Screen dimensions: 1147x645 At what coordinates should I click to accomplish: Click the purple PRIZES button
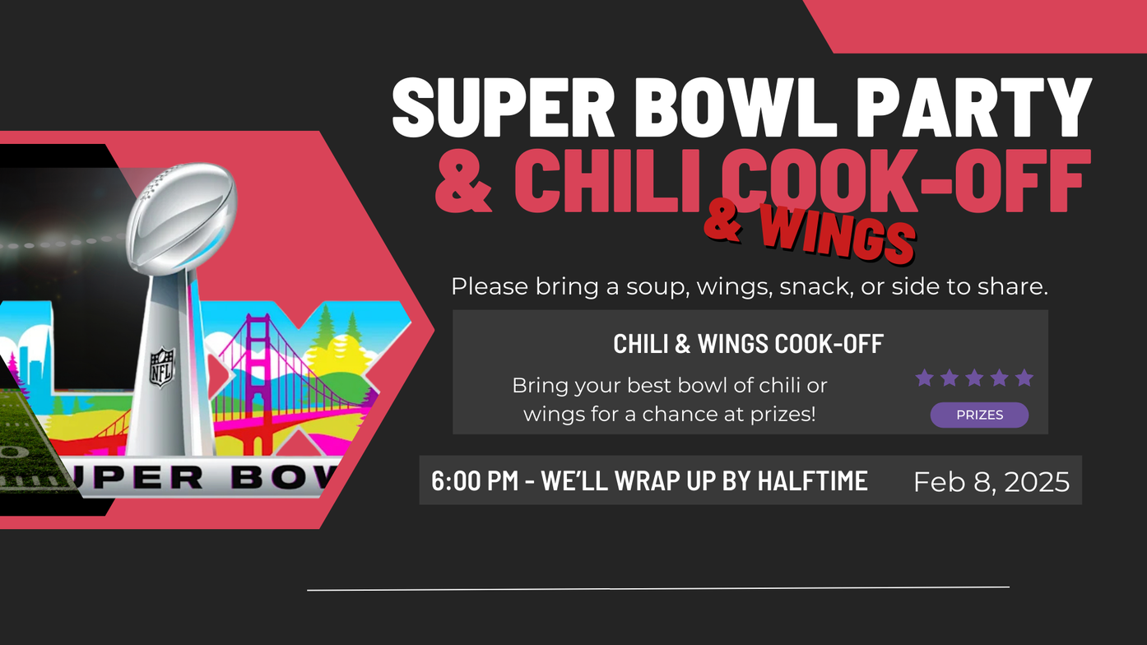click(979, 415)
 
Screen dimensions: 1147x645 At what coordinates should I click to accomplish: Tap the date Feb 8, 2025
click(991, 482)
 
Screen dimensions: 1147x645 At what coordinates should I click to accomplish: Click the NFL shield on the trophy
click(162, 367)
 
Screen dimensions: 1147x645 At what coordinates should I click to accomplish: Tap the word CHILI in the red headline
click(607, 181)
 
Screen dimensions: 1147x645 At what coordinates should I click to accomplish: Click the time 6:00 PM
click(475, 480)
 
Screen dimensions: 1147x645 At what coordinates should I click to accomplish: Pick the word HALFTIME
click(813, 480)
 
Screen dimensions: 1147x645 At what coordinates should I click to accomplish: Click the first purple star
click(924, 378)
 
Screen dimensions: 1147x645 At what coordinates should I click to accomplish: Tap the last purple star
click(1024, 378)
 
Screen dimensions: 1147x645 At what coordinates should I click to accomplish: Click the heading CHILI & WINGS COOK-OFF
click(748, 344)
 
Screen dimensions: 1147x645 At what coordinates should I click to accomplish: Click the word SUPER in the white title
click(503, 108)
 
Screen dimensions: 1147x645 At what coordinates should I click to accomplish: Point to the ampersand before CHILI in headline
click(463, 181)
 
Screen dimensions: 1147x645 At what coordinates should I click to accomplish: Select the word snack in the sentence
click(816, 286)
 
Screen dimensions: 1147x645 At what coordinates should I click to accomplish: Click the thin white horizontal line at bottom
click(658, 589)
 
